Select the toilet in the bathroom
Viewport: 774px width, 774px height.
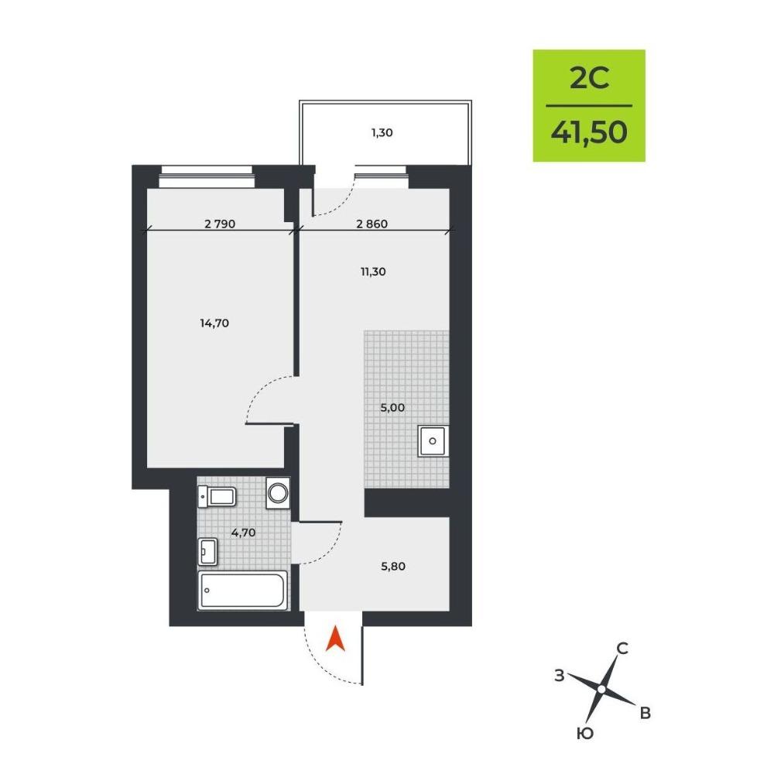(x=217, y=496)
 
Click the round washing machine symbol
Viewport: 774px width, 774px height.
(x=278, y=492)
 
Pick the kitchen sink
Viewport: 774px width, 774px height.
(x=433, y=441)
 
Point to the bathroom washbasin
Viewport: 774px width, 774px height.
(x=207, y=551)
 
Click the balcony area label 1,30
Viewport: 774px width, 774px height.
(x=382, y=132)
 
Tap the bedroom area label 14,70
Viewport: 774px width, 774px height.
(x=214, y=323)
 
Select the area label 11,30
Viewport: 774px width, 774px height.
(x=373, y=272)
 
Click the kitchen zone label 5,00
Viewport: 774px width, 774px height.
(x=392, y=408)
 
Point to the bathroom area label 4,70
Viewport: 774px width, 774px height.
(x=243, y=533)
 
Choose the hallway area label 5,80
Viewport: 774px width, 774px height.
(x=393, y=567)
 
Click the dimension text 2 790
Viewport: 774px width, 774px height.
(x=220, y=224)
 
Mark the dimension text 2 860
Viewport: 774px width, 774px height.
(x=372, y=224)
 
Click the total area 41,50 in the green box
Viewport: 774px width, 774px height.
(x=589, y=132)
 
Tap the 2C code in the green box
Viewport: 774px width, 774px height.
(x=589, y=78)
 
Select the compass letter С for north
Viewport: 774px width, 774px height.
(x=623, y=648)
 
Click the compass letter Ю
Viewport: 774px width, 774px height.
(x=585, y=734)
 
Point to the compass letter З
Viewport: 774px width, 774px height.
(x=560, y=675)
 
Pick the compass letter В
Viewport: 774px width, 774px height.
(x=646, y=713)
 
